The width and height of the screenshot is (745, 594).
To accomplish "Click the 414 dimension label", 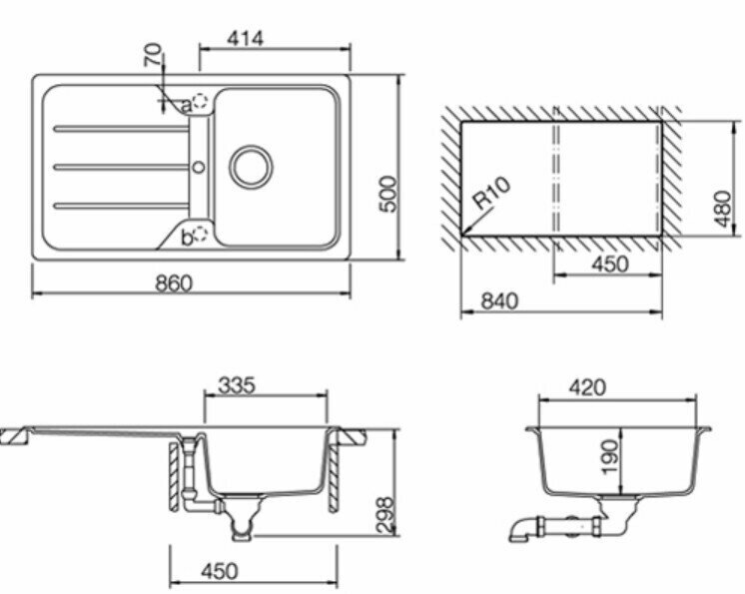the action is (245, 39).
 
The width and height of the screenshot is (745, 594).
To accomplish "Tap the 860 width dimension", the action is (175, 284).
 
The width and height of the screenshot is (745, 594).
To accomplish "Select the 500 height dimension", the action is (388, 194).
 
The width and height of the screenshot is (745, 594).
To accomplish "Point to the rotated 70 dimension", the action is (153, 55).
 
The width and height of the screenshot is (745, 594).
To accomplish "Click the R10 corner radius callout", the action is (492, 193).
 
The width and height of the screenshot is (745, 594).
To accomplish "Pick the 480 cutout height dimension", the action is (722, 209).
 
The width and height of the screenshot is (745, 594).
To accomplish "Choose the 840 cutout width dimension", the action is (499, 301).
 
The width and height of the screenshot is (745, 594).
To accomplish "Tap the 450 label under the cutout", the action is (609, 264).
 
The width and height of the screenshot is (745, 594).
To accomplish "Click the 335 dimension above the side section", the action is (236, 385).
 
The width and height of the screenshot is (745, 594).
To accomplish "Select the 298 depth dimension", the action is (384, 516).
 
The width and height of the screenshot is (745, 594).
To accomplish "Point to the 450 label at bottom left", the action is (219, 571).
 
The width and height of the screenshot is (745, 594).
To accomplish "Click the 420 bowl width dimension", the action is (587, 387).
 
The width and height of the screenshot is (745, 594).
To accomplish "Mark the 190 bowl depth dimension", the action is (609, 457).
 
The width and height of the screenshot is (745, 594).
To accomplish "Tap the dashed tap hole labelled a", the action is (201, 101).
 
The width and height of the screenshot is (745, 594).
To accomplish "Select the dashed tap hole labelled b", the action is (202, 233).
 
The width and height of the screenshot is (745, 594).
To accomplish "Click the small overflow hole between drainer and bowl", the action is (199, 167).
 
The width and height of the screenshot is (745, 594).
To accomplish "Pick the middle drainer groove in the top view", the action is (122, 167).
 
